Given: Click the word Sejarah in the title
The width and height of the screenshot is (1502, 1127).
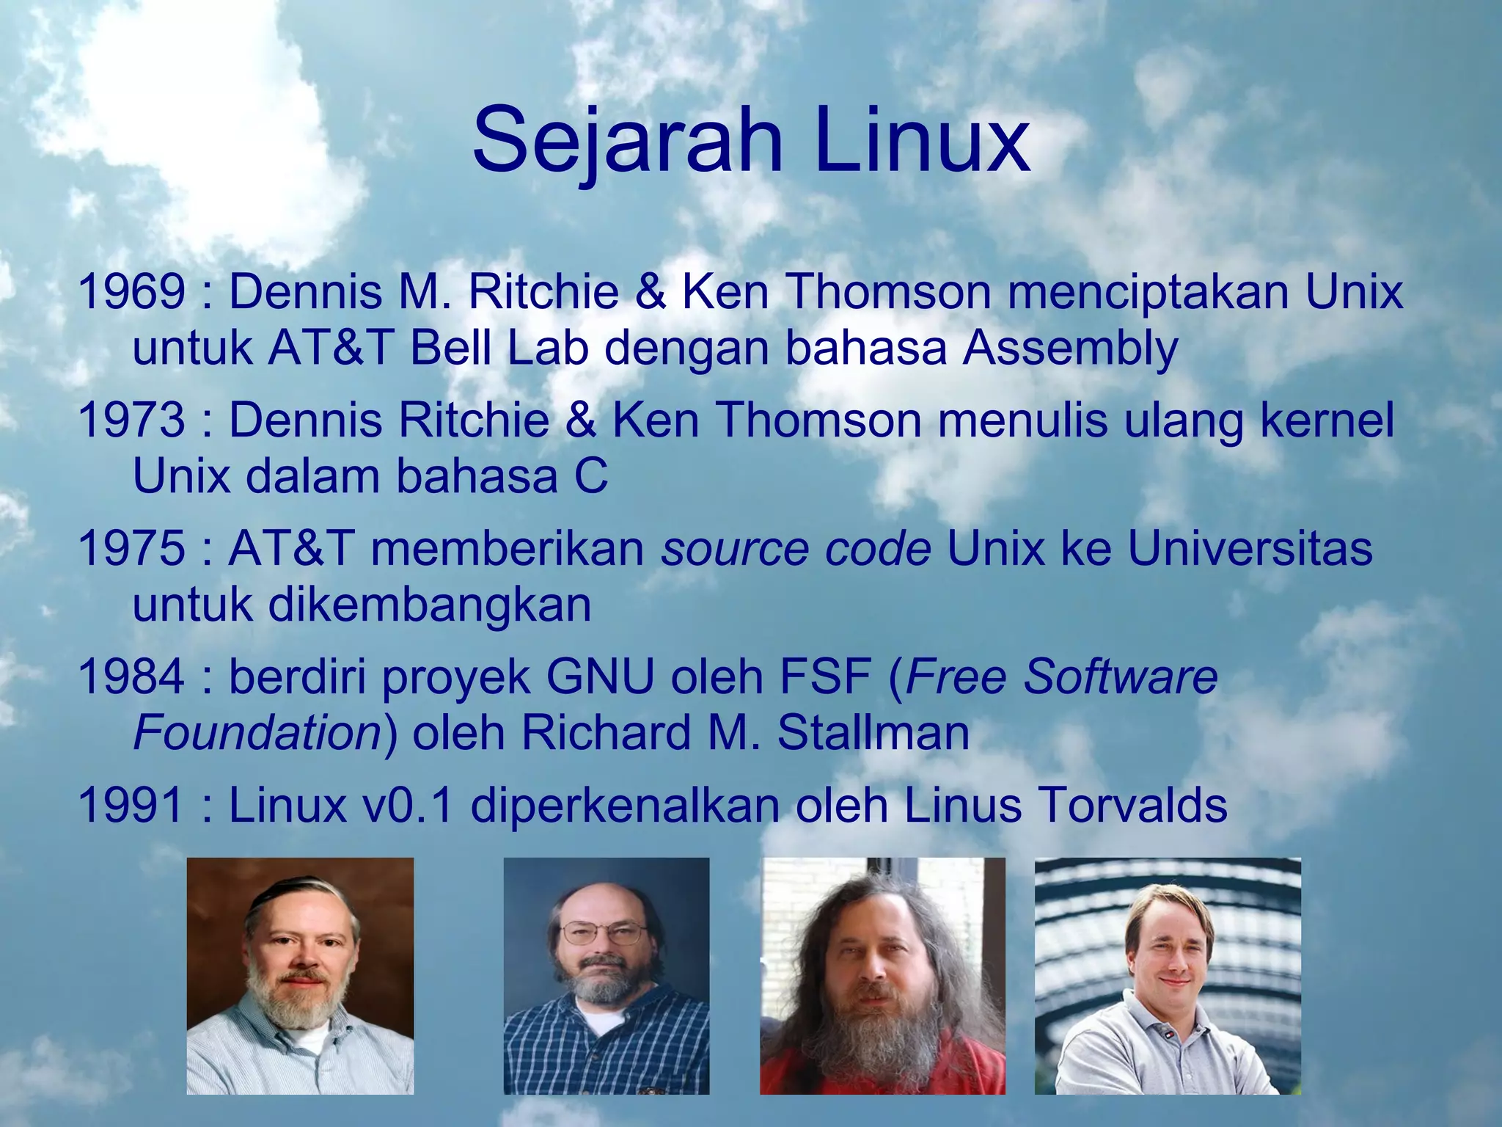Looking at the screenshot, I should (627, 139).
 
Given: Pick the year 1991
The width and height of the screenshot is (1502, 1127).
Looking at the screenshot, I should (131, 805).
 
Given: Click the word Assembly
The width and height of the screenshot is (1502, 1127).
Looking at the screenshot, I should (1070, 349).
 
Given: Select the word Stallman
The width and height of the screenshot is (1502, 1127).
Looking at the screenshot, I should (873, 733).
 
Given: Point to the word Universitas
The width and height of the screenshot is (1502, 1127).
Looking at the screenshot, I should (1250, 548).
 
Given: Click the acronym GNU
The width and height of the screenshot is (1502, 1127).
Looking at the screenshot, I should (600, 676).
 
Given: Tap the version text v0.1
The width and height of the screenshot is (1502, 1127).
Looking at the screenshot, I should (407, 805).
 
